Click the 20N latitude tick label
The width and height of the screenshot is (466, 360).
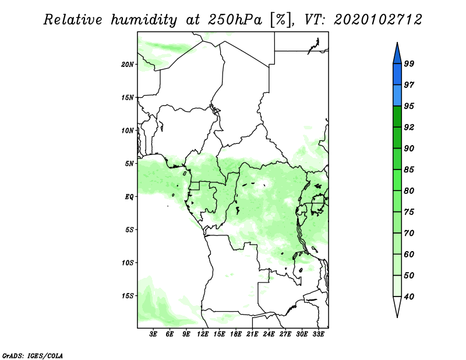(x=128, y=65)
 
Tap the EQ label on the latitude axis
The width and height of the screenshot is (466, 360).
(x=129, y=197)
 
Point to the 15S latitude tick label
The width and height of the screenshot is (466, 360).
(x=128, y=296)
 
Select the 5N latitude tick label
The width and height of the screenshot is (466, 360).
(x=129, y=164)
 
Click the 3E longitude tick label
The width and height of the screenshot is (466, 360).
(x=153, y=334)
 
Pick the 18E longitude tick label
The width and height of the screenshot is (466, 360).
(x=236, y=334)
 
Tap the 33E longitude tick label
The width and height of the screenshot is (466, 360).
(x=318, y=334)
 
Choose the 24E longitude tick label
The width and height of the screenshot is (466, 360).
(x=269, y=334)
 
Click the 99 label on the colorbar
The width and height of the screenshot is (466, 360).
(x=409, y=63)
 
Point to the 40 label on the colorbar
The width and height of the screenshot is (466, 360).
(x=409, y=297)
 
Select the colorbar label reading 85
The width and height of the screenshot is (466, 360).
(x=409, y=170)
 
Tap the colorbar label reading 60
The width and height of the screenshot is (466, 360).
(x=409, y=254)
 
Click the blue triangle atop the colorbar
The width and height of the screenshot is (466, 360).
(x=397, y=55)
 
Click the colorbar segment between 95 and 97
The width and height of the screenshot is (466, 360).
(x=397, y=96)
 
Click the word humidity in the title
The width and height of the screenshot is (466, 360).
(x=144, y=20)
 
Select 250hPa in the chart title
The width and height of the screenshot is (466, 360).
(x=235, y=20)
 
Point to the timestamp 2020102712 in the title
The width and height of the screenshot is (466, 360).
(x=377, y=20)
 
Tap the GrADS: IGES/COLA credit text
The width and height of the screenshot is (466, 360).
(x=33, y=355)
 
